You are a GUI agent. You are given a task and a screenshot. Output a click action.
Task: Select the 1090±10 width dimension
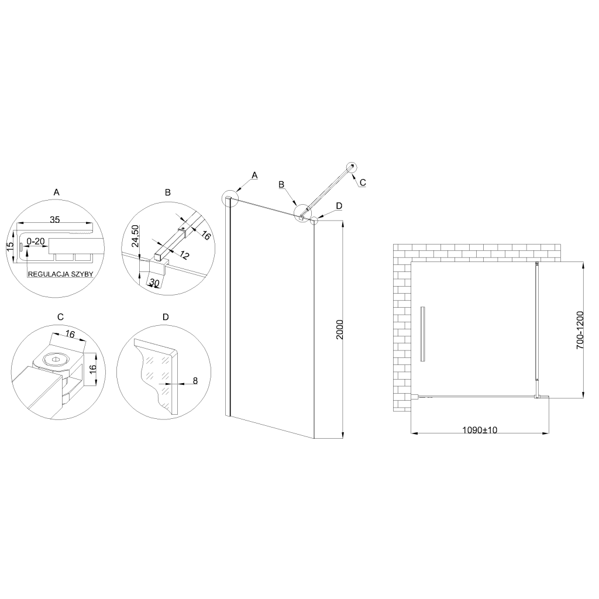click(480, 430)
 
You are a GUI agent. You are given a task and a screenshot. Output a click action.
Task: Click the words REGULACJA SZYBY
click(60, 274)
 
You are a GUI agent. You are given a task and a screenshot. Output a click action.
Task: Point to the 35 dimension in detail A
click(55, 219)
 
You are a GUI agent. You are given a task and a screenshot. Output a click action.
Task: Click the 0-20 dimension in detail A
click(36, 242)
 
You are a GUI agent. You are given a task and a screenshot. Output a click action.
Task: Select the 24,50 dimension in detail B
click(135, 236)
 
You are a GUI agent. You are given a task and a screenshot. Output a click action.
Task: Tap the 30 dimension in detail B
click(154, 283)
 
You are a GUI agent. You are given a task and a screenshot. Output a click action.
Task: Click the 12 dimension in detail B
click(184, 255)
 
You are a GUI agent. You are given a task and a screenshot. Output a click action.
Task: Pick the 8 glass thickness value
click(195, 380)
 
